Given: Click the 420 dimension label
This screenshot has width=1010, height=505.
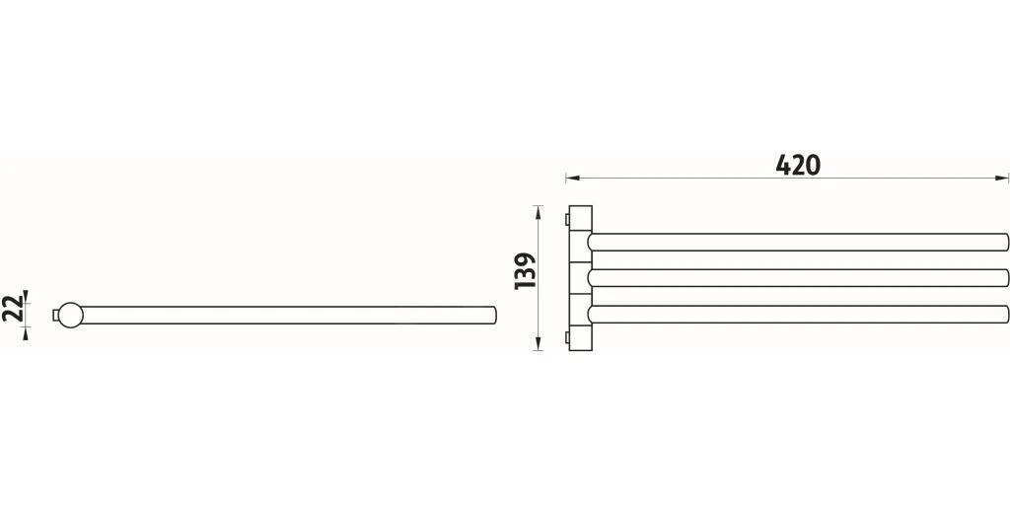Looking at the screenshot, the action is [797, 166].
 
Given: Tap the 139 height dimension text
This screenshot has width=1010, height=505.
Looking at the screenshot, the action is [526, 270].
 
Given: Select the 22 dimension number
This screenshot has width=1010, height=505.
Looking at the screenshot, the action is [12, 310].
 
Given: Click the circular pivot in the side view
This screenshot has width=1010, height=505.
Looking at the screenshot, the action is [70, 315].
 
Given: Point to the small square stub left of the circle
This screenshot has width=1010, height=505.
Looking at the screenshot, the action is [55, 315].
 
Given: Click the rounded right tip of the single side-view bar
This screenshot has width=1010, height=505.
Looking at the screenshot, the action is [493, 315].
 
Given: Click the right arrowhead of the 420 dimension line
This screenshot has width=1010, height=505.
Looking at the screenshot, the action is [1002, 178].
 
